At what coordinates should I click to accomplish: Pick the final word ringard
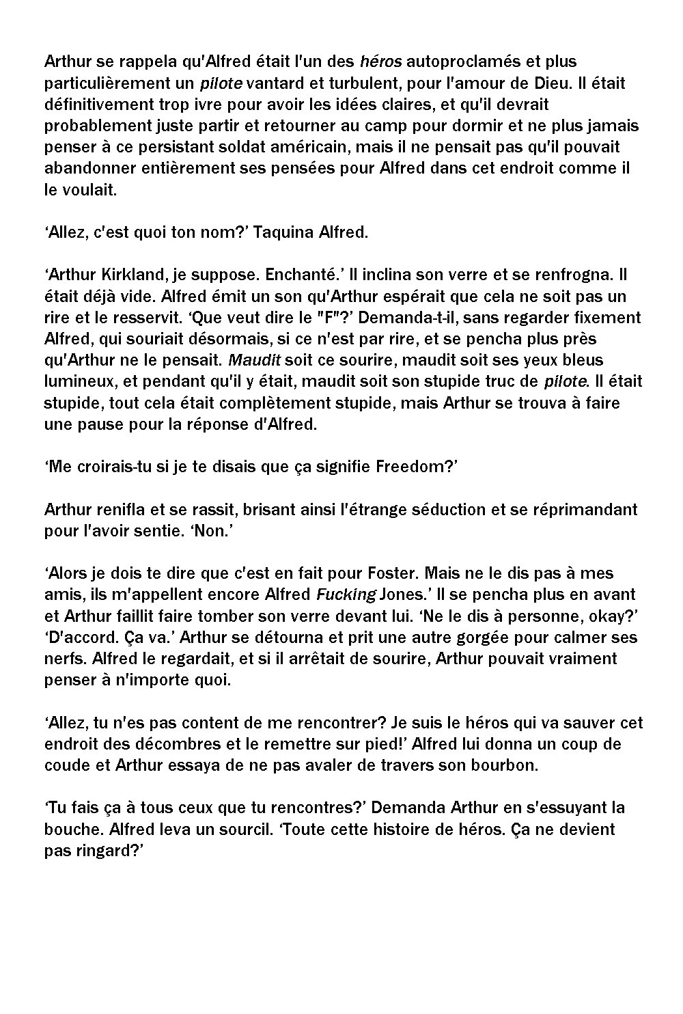pyautogui.click(x=106, y=851)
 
